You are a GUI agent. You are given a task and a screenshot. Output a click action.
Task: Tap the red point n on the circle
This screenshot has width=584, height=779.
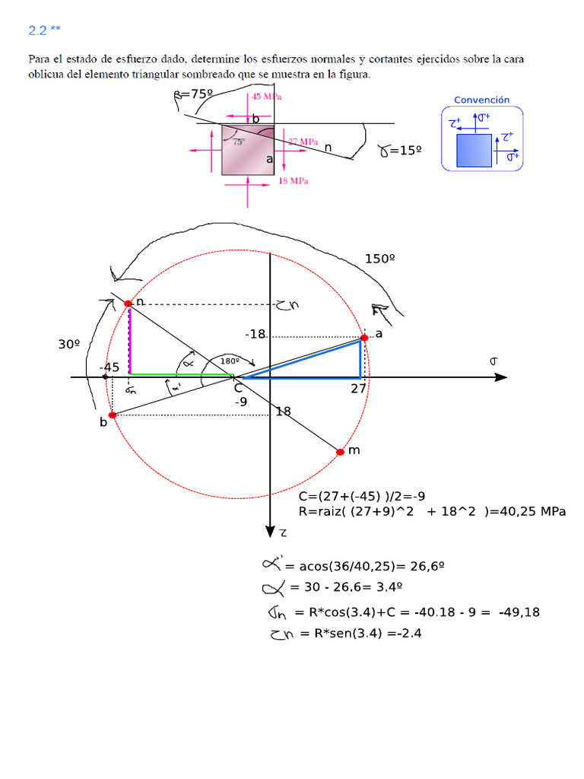click(x=128, y=304)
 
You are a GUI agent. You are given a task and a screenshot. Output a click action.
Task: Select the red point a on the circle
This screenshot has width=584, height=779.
click(x=364, y=338)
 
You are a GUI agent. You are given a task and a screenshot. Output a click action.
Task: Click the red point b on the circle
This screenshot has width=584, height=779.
click(x=113, y=415)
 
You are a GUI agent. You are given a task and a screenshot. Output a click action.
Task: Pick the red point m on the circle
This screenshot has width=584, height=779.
click(x=340, y=452)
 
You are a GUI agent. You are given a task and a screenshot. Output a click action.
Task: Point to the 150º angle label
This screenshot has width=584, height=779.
click(x=380, y=259)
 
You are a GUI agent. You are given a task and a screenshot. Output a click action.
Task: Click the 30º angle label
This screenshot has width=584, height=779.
click(x=69, y=344)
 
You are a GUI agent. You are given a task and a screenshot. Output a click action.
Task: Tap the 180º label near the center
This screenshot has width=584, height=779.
click(x=230, y=361)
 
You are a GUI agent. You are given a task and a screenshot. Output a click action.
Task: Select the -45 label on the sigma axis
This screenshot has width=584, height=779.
click(x=109, y=367)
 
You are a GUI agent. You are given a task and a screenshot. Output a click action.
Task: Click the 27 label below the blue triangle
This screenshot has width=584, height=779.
click(x=359, y=388)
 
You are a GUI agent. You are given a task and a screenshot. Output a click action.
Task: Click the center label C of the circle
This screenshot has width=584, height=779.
click(x=238, y=388)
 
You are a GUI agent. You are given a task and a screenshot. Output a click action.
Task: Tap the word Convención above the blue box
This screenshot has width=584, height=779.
click(x=481, y=100)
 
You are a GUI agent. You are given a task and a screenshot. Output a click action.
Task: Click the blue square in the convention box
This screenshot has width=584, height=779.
click(x=474, y=149)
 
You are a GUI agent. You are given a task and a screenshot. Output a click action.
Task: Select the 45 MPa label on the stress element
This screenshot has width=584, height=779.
click(x=266, y=97)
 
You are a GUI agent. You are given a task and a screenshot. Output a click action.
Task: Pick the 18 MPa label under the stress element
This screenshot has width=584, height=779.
click(x=294, y=181)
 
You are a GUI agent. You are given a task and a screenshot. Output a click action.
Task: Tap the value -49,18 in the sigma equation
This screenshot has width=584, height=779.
click(x=520, y=612)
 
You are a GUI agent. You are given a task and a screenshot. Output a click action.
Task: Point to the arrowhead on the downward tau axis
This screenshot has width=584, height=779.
click(x=269, y=531)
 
